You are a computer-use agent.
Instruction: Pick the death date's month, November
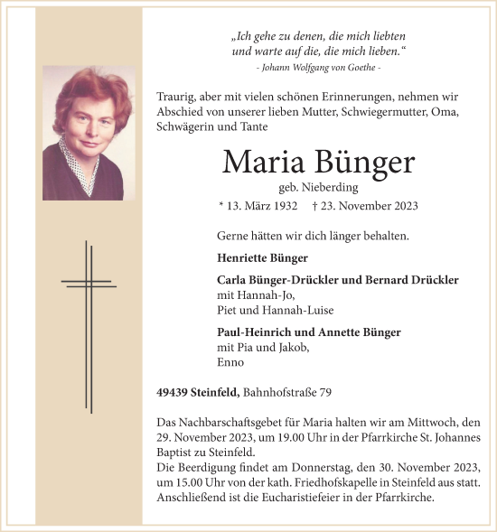pyautogui.click(x=362, y=206)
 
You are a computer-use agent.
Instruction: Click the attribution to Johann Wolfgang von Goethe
pyautogui.click(x=318, y=69)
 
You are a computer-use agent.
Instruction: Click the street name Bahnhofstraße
pyautogui.click(x=281, y=391)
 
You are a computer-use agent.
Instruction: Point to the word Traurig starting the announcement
pyautogui.click(x=177, y=97)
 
